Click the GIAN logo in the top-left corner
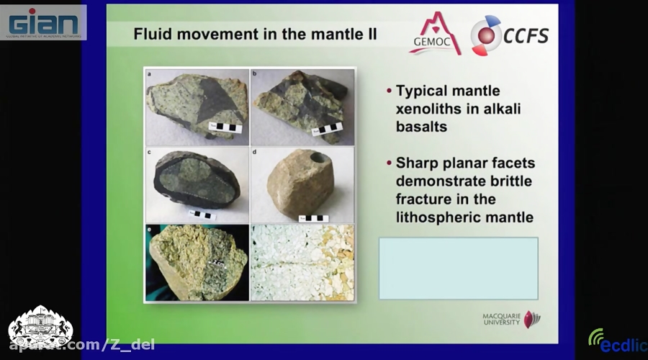point(43,22)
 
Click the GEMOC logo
point(435,34)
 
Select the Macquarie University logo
point(511,319)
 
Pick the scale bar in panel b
point(329,130)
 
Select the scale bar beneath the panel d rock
point(314,217)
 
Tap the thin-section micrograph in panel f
point(302,263)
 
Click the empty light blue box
point(459,268)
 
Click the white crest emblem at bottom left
point(40,328)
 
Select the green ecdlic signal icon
point(595,336)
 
